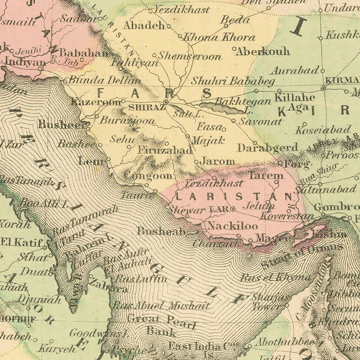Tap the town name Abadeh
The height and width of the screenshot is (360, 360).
point(144,25)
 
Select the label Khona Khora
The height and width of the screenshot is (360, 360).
point(219,37)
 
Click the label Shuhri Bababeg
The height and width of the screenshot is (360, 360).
point(233,81)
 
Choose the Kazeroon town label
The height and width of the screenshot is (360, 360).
point(96,102)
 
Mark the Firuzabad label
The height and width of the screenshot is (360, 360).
point(165,150)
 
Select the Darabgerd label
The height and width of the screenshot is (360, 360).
point(268,148)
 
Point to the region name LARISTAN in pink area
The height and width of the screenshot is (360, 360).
point(234,196)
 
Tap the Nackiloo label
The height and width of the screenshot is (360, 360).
point(232,226)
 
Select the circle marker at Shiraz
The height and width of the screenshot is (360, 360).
point(166,102)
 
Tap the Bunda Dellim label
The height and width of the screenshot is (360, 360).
point(99,80)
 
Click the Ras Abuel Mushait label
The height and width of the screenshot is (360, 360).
point(161,306)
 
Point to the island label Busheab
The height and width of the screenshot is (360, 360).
point(161,231)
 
